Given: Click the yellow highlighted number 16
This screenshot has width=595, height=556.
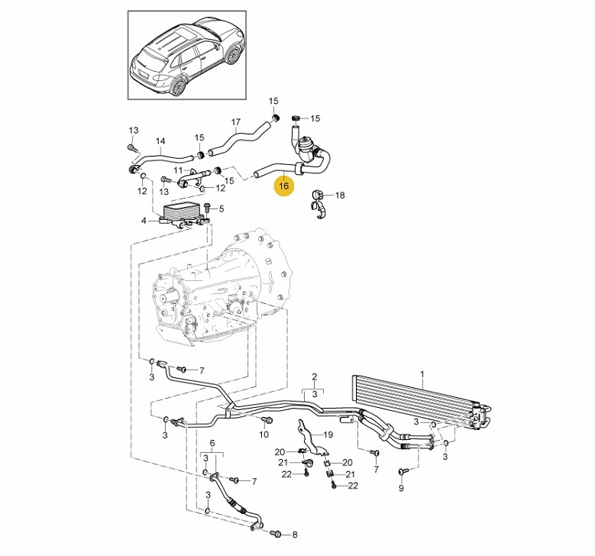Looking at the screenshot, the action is pos(284,186).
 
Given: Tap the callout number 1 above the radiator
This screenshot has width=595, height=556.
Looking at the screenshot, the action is pos(422,374).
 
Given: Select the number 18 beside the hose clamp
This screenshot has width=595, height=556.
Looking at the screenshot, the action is pos(340,195).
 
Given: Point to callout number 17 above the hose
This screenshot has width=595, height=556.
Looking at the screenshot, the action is pos(236,122).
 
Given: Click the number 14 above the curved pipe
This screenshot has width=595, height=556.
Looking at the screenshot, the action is pos(160,141).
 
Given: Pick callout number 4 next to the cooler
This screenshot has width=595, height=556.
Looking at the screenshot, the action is pos(144,221).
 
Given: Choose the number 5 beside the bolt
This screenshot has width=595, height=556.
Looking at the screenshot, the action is pos(222,208).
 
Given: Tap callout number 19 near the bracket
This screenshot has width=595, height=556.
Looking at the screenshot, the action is pos(328,435).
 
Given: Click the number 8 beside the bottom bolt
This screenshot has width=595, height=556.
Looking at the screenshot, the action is pos(295,535).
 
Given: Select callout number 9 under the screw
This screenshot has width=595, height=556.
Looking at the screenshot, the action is pos(401,488).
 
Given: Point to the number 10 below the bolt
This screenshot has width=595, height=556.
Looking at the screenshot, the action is pos(264,434).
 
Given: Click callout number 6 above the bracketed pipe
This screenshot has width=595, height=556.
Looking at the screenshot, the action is pos(212,443).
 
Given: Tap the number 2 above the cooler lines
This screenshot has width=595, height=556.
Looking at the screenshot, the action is pos(314,377).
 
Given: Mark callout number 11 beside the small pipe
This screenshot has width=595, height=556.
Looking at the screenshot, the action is pos(179,170).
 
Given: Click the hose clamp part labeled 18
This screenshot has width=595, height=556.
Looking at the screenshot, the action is pos(319,205).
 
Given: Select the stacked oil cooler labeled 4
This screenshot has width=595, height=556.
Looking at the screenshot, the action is pos(184,215).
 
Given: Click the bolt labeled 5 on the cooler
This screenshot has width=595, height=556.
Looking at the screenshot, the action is pos(207,207).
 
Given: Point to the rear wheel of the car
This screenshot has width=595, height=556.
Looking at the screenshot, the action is pos(179,86).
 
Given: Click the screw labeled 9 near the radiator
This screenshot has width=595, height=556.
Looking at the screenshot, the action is pos(402,472).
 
